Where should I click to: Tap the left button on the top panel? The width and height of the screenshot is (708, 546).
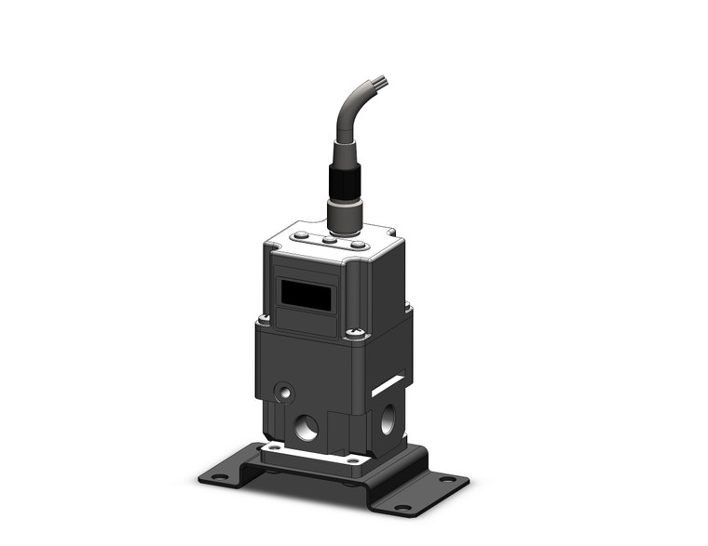pos(303,237)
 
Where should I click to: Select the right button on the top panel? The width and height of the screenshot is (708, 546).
pos(356,245)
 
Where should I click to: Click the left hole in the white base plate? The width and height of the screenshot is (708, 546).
pos(276,447)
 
